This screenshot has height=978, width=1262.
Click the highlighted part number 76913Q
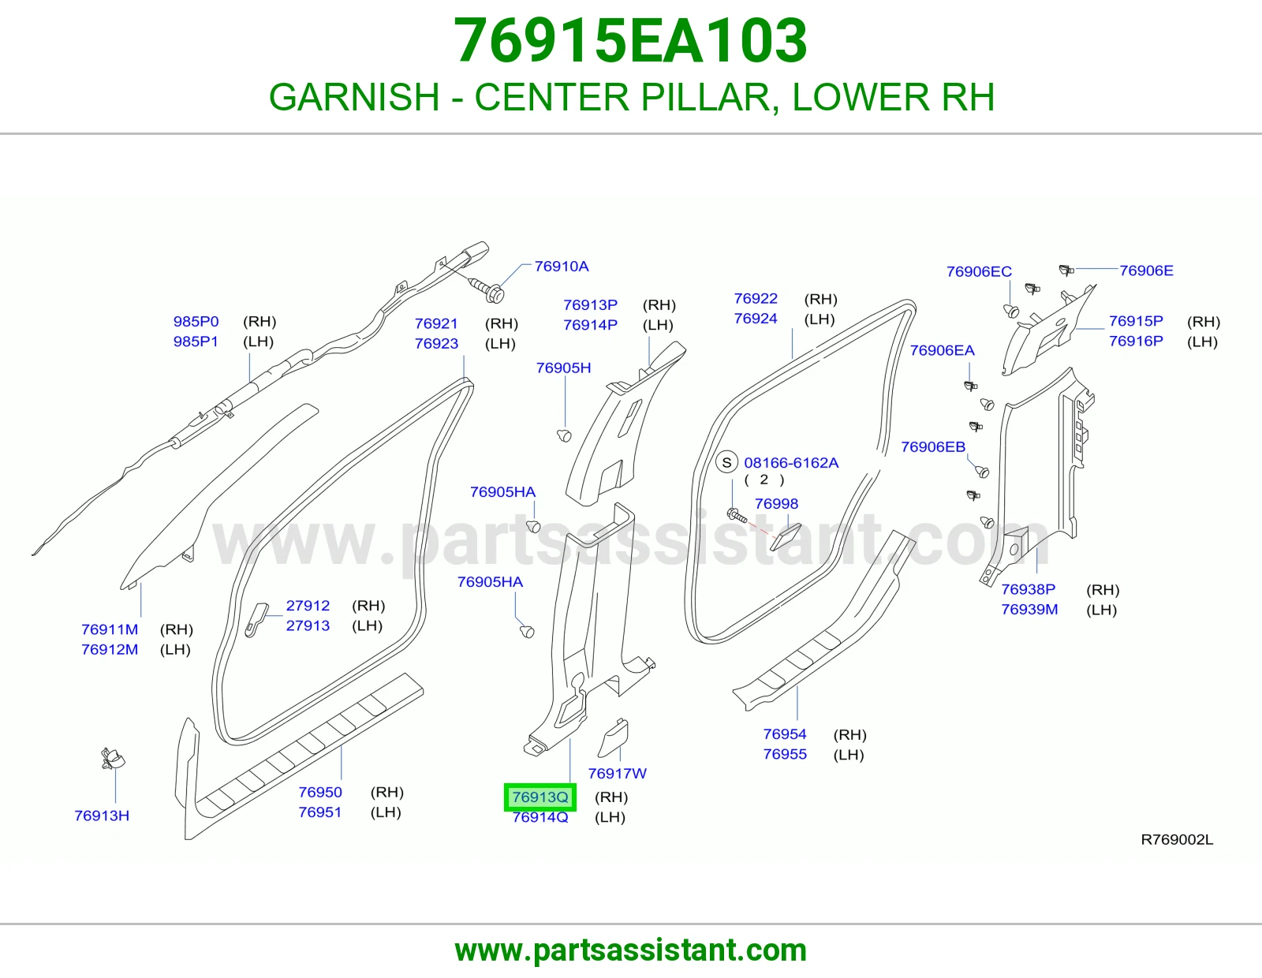540,797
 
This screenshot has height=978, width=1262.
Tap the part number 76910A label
561,266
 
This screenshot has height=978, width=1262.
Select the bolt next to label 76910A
486,289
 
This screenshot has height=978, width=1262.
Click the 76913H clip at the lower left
113,759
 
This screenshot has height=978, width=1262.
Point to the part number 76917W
617,773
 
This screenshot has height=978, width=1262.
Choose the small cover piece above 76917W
614,737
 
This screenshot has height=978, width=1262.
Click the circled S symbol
726,462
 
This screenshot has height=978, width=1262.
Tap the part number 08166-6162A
791,462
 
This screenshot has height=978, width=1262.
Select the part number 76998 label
776,503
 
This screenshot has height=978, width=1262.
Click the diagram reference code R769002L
1177,839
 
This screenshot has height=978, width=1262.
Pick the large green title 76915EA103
630,41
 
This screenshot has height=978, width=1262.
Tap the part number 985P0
196,321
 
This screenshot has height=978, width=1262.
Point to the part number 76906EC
979,271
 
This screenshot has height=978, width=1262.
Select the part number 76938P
1028,589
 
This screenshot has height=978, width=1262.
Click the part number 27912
308,605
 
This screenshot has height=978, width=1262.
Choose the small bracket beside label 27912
256,620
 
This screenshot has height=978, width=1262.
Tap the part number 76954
785,733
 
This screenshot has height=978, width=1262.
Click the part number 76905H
563,368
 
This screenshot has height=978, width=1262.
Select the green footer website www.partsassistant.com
631,950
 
